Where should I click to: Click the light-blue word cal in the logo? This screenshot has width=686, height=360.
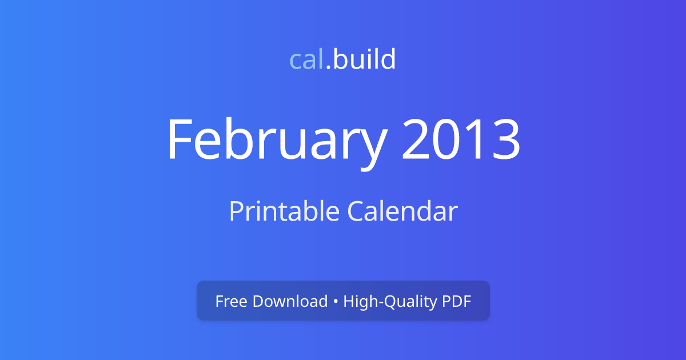307,60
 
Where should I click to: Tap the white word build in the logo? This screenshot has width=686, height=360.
364,60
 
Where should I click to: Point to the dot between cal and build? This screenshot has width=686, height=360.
328,68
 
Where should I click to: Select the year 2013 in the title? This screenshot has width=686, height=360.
461,140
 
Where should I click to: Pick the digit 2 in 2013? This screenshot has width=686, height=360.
416,140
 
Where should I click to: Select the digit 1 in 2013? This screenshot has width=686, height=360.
476,140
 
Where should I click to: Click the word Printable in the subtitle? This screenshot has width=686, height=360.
284,211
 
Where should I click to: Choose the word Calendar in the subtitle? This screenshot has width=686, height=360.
402,211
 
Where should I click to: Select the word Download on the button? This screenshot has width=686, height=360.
290,301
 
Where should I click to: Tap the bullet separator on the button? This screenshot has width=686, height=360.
336,302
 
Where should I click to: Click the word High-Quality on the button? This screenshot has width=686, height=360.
389,302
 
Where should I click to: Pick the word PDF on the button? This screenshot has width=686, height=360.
456,301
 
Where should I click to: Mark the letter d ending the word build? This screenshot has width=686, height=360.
389,60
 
